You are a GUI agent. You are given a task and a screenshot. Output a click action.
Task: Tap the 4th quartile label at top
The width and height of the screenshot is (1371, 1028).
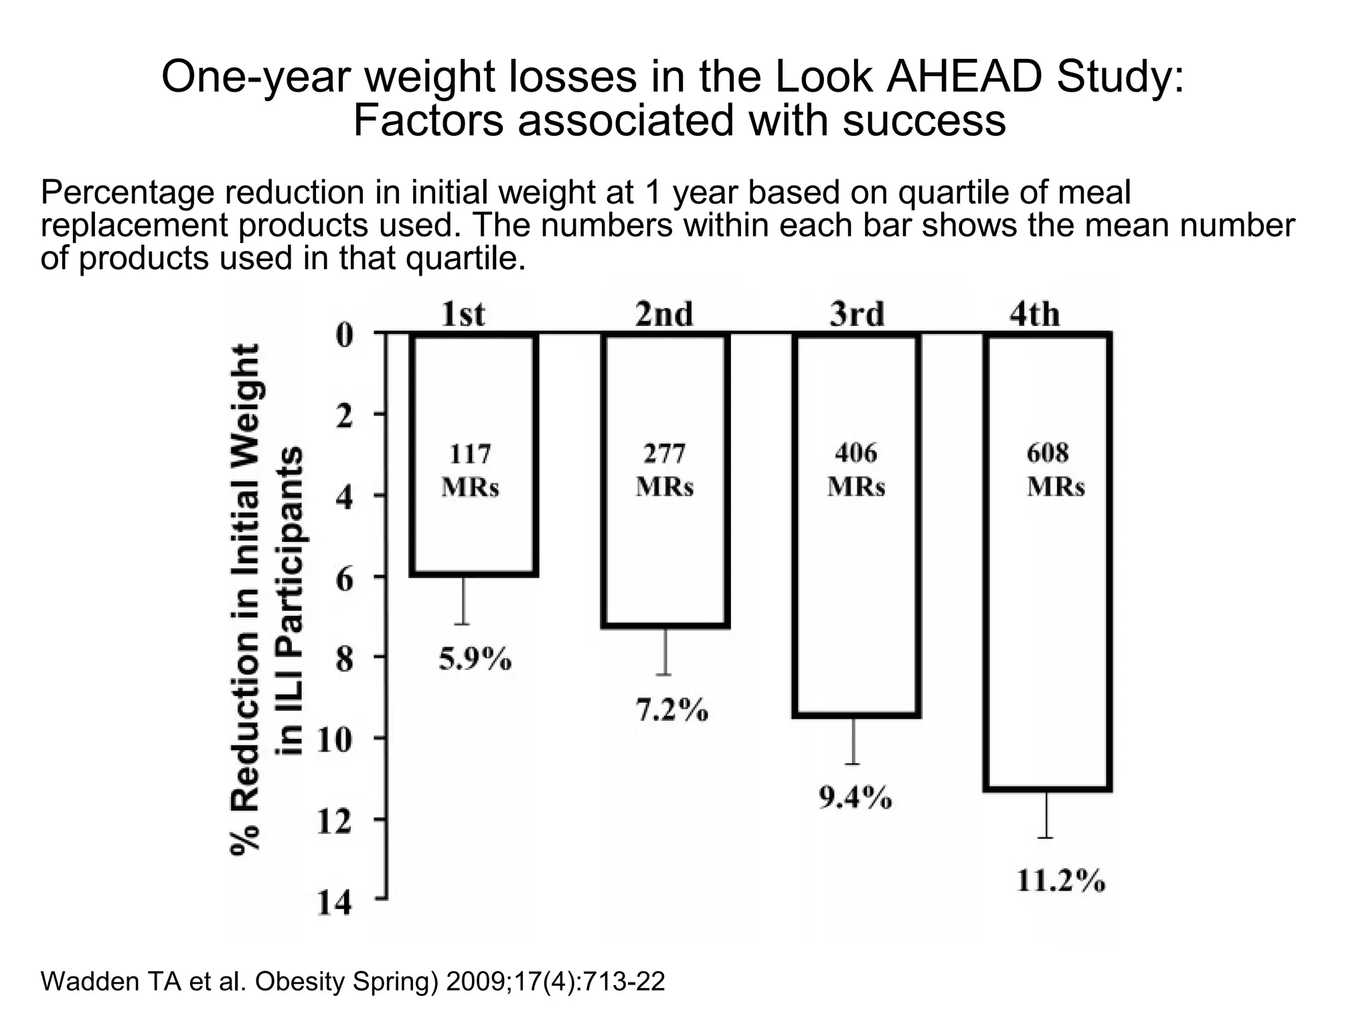tap(1034, 315)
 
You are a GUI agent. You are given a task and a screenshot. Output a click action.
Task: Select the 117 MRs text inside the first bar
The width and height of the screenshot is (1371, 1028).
tap(470, 471)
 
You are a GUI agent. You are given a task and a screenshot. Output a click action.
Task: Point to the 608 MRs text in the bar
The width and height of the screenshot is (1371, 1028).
tap(1056, 470)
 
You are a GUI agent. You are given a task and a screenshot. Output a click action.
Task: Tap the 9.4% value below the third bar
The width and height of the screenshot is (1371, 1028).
tap(855, 798)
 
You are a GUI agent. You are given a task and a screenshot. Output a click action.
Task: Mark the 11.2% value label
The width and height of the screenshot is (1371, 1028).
tap(1061, 881)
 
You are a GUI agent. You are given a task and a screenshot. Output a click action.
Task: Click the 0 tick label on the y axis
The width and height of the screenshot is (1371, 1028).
tap(344, 335)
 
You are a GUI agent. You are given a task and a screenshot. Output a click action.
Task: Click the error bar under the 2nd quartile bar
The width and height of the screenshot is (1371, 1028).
tap(665, 652)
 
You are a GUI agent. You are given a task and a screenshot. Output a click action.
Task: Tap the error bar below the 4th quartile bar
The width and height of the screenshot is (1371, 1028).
tap(1046, 815)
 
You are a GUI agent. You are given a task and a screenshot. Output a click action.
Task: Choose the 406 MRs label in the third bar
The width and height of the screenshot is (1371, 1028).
tap(856, 470)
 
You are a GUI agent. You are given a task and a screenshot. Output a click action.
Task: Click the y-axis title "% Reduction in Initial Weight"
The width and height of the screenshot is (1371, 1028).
tap(245, 599)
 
